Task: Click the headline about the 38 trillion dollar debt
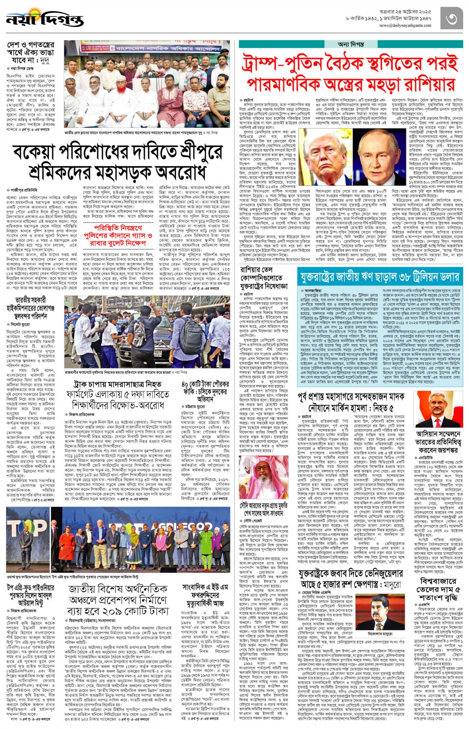(x=379, y=277)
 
